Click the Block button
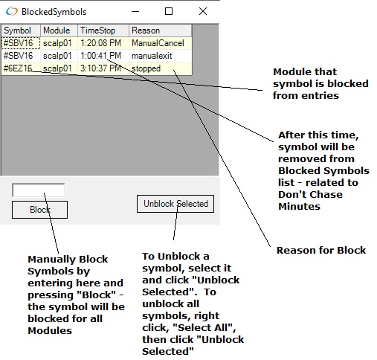(39, 210)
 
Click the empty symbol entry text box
(39, 190)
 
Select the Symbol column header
(21, 30)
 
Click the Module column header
(59, 30)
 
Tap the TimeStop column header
(103, 30)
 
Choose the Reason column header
(160, 30)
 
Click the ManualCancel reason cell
(160, 43)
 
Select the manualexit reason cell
(160, 56)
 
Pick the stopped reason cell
(160, 68)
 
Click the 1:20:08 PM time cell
(103, 43)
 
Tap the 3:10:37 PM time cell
(103, 68)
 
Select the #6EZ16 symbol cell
(21, 68)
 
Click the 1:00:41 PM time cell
(103, 56)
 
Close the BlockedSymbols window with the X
(203, 11)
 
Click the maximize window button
(169, 11)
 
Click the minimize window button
(135, 11)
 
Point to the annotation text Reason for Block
(321, 250)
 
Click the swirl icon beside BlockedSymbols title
(12, 11)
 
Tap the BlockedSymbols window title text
(54, 12)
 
